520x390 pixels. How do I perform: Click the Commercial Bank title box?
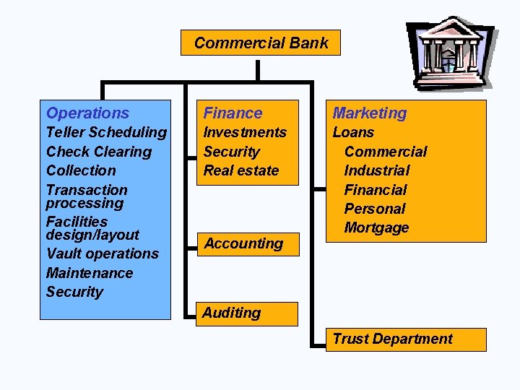pyautogui.click(x=260, y=43)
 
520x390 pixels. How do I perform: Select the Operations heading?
pyautogui.click(x=87, y=113)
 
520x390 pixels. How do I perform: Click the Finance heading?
pyautogui.click(x=233, y=113)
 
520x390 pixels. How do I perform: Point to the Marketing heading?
pyautogui.click(x=369, y=113)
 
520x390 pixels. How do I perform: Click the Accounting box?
pyautogui.click(x=243, y=243)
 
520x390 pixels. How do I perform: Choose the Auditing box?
pyautogui.click(x=232, y=313)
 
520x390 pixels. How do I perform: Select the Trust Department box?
pyautogui.click(x=392, y=339)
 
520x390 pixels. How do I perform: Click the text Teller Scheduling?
pyautogui.click(x=106, y=132)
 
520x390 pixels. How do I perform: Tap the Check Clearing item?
pyautogui.click(x=98, y=152)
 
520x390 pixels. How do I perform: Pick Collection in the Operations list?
pyautogui.click(x=81, y=170)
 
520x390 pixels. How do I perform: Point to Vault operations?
pyautogui.click(x=102, y=253)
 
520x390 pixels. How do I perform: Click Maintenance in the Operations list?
pyautogui.click(x=90, y=273)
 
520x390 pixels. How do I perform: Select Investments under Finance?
pyautogui.click(x=245, y=132)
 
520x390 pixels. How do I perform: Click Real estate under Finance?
pyautogui.click(x=240, y=170)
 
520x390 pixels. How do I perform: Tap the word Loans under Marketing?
pyautogui.click(x=353, y=132)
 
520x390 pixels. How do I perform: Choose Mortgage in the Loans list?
pyautogui.click(x=376, y=228)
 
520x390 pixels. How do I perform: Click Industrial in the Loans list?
pyautogui.click(x=376, y=170)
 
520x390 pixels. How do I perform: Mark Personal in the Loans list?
pyautogui.click(x=375, y=209)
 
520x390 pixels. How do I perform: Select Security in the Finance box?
pyautogui.click(x=231, y=152)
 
